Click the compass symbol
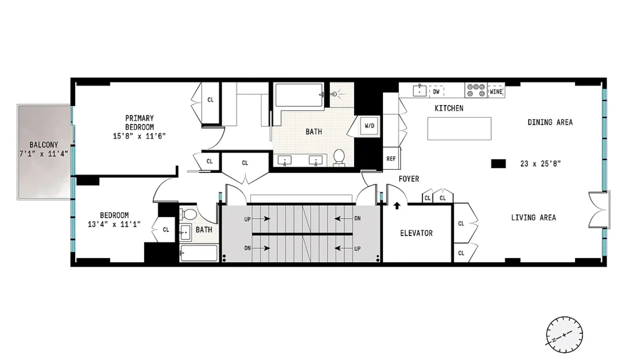click(x=564, y=335)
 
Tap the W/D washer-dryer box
click(x=369, y=126)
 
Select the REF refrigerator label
click(x=391, y=159)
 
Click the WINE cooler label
click(x=496, y=92)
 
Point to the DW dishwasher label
click(x=436, y=92)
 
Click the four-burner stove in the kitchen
click(x=476, y=90)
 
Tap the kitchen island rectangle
click(x=459, y=129)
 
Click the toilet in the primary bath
click(x=339, y=157)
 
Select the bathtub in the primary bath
click(x=299, y=95)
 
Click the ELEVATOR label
click(x=416, y=233)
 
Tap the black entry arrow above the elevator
click(x=397, y=206)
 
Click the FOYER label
click(x=409, y=179)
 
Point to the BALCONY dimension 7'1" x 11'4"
click(x=44, y=154)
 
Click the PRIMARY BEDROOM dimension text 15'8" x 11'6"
click(x=139, y=136)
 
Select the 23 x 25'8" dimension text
click(x=540, y=164)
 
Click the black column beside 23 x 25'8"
click(x=498, y=164)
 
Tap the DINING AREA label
click(x=550, y=122)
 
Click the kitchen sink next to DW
click(x=419, y=91)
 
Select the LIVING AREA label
click(x=533, y=218)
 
